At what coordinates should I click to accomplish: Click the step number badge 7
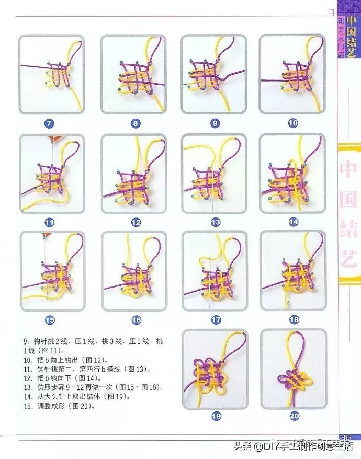pyautogui.click(x=49, y=124)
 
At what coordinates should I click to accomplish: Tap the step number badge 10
pyautogui.click(x=292, y=123)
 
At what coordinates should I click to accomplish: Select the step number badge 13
pyautogui.click(x=215, y=222)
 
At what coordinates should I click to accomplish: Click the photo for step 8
pyautogui.click(x=133, y=74)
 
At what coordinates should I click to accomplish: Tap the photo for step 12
pyautogui.click(x=133, y=173)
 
